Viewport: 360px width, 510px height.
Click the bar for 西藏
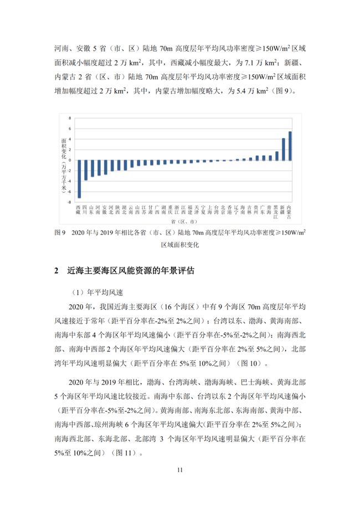click(79, 178)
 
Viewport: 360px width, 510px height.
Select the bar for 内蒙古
click(290, 146)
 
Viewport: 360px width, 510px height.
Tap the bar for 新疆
click(284, 149)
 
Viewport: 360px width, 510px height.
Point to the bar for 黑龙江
click(277, 156)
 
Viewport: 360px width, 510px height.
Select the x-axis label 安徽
click(105, 208)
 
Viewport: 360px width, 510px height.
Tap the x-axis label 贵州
click(257, 208)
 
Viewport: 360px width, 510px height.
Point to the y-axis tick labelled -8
click(70, 202)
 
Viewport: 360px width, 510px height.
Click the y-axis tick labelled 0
click(70, 160)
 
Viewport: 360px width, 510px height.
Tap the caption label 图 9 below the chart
click(60, 233)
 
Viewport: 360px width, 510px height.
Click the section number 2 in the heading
click(56, 271)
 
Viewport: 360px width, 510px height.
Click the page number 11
click(179, 470)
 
